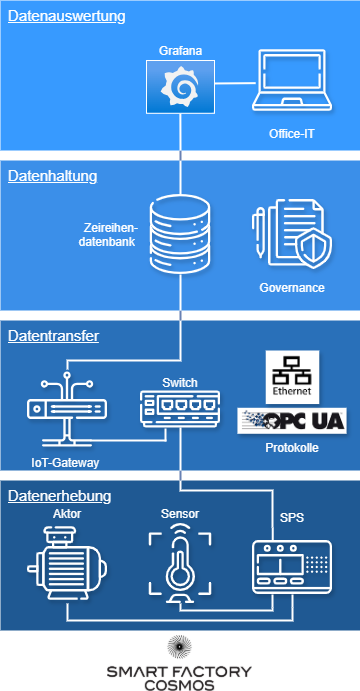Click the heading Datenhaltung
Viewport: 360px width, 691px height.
(x=52, y=176)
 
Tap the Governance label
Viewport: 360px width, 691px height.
(x=292, y=288)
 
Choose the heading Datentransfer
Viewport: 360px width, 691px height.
(x=53, y=337)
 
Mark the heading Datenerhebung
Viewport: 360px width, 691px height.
(x=59, y=496)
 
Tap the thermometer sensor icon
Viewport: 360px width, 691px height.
(x=180, y=568)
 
